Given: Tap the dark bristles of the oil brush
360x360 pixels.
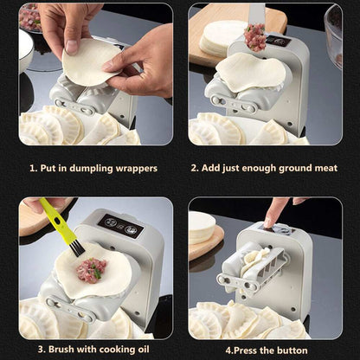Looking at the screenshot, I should (77, 248).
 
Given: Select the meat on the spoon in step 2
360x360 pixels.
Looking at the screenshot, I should (254, 36).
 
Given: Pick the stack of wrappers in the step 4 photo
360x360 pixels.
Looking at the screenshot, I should (202, 228).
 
